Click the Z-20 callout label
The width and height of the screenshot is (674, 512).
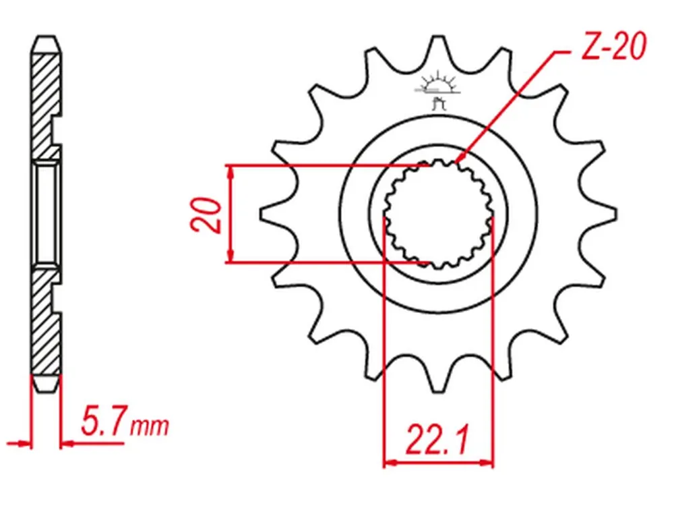pos(613,46)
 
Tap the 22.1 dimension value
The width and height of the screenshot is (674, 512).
pos(437,440)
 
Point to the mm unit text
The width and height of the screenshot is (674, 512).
pos(150,426)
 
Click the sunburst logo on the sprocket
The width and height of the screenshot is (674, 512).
pos(437,88)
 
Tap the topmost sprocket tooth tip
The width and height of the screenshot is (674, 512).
pos(438,37)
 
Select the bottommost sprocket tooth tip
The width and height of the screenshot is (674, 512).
pos(438,391)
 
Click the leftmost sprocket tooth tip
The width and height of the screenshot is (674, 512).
pos(261,214)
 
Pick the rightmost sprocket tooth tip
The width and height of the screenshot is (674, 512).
pos(615,214)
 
